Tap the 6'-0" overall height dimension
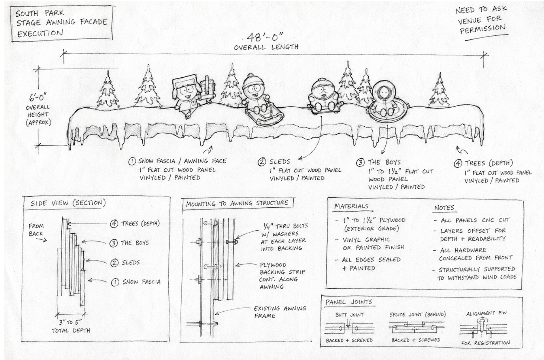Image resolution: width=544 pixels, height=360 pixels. click(x=38, y=98)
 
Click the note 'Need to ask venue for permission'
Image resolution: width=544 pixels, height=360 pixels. click(x=481, y=20)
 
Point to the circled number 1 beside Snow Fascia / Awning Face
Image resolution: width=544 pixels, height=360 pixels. click(x=132, y=161)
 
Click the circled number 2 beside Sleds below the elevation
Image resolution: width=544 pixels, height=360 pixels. click(x=262, y=162)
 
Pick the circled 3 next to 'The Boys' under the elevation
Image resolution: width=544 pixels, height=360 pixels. click(x=360, y=163)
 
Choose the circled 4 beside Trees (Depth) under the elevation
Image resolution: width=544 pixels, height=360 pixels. click(x=458, y=164)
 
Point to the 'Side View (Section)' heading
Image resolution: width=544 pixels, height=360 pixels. click(x=68, y=203)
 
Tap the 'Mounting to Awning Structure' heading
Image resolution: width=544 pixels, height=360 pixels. click(x=237, y=203)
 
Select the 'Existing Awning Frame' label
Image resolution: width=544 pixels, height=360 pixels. click(x=280, y=312)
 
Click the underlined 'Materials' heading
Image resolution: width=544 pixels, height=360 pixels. click(x=351, y=206)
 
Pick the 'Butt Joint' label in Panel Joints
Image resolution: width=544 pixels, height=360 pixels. click(x=349, y=315)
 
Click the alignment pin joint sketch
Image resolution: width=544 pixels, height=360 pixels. click(x=483, y=329)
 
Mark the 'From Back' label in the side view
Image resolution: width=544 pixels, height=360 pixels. click(x=36, y=230)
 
